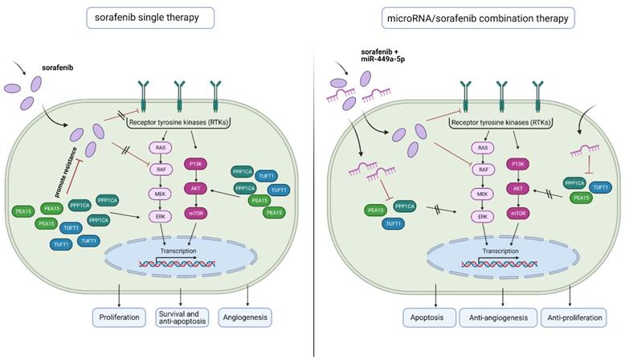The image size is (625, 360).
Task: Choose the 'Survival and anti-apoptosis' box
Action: coord(182,317)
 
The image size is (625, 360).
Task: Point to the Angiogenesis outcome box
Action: coord(247,317)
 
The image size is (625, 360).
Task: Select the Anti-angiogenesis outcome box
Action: coord(500,317)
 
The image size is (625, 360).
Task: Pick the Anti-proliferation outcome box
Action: coord(574,317)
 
